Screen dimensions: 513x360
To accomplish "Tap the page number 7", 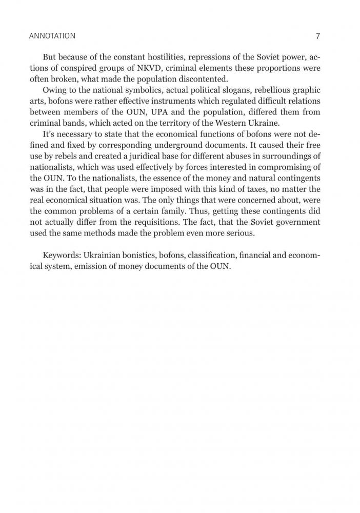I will tap(318, 36).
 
